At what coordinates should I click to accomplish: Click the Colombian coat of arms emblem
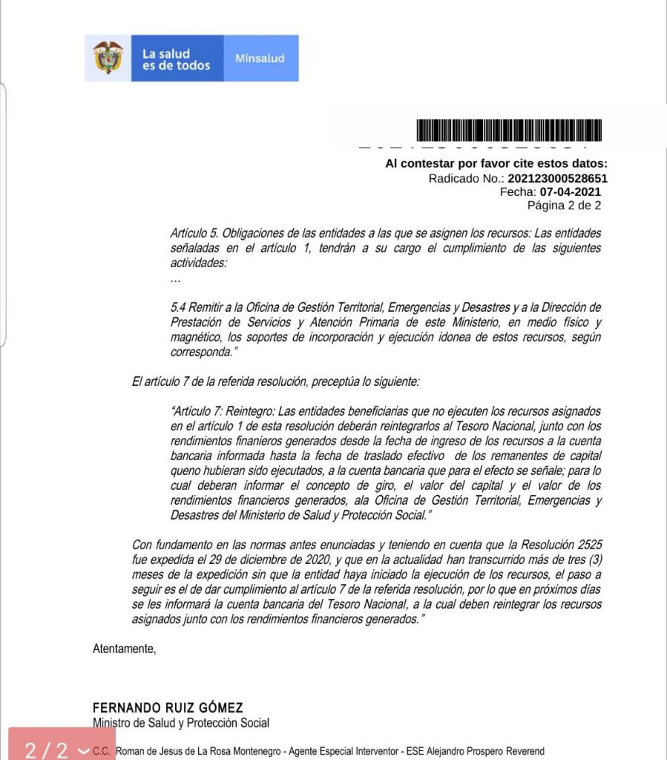coord(108,58)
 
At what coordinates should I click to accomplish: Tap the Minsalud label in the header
coord(260,59)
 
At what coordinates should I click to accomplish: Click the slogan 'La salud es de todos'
coord(176,59)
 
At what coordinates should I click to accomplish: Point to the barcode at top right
coord(509,131)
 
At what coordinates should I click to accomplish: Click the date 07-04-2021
coord(570,191)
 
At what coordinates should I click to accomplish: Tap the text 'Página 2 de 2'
coord(564,205)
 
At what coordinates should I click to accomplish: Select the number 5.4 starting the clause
coord(179,307)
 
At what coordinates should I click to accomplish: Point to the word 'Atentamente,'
coord(125,649)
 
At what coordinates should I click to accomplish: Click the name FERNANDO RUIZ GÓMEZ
coord(168,708)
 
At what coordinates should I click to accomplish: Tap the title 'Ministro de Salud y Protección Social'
coord(181,723)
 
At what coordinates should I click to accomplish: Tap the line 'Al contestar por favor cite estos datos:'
coord(496,164)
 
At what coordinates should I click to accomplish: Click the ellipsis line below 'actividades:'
coord(175,280)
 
